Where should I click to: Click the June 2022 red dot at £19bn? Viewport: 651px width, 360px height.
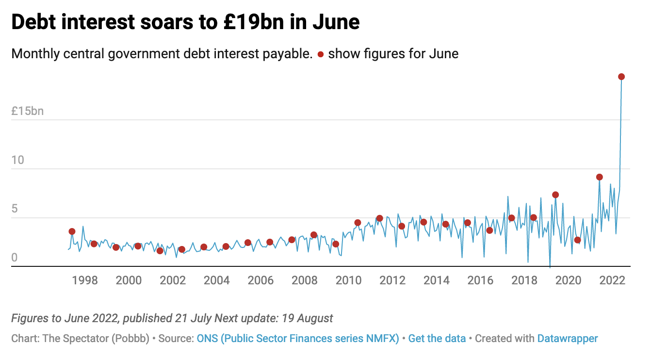pos(621,77)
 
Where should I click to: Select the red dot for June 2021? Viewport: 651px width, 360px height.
pos(600,177)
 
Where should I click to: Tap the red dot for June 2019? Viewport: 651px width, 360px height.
pos(555,195)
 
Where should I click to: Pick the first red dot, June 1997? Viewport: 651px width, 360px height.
pos(72,231)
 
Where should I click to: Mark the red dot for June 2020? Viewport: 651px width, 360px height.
pos(577,240)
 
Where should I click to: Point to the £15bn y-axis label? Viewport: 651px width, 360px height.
pos(28,111)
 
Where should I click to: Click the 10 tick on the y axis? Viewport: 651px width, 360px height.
pos(17,160)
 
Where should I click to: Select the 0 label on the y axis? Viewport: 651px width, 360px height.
pos(14,258)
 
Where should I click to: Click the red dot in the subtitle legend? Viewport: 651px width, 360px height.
pos(320,54)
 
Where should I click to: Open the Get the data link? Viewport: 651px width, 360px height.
pos(437,338)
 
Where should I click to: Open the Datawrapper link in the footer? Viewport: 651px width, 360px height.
pos(568,338)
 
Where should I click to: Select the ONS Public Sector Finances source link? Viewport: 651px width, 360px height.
pos(298,338)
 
